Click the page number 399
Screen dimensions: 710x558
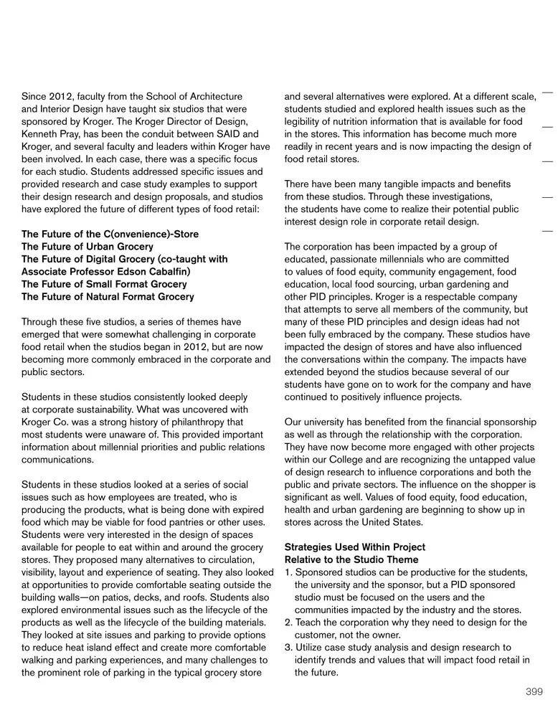click(534, 691)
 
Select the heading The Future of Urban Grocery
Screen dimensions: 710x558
click(87, 247)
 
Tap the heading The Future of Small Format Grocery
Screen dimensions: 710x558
click(104, 284)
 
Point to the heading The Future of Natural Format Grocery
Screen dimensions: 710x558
click(108, 297)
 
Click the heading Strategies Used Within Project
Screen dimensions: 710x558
click(354, 547)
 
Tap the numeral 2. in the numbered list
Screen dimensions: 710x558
click(289, 622)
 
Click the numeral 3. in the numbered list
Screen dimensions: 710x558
click(289, 647)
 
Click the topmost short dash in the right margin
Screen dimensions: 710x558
click(547, 93)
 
